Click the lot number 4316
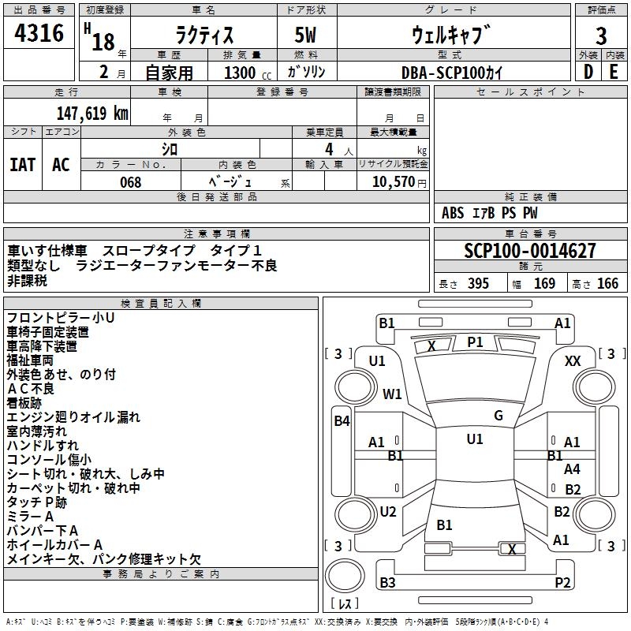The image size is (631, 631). point(39,33)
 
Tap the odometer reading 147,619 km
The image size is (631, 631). point(92,113)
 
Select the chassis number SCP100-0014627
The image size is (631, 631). point(530,252)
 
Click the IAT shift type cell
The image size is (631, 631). point(23,165)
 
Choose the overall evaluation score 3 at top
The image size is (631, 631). point(601,36)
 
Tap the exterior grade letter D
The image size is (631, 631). point(588,72)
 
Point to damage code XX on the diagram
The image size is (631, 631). point(573,360)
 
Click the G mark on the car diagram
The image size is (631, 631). point(498,416)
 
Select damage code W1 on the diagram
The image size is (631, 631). point(392,394)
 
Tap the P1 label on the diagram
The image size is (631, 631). point(475,342)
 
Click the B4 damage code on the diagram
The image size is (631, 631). point(341,421)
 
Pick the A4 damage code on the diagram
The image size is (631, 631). point(572,469)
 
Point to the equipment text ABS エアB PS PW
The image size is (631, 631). point(480,213)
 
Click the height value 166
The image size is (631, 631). point(607,284)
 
